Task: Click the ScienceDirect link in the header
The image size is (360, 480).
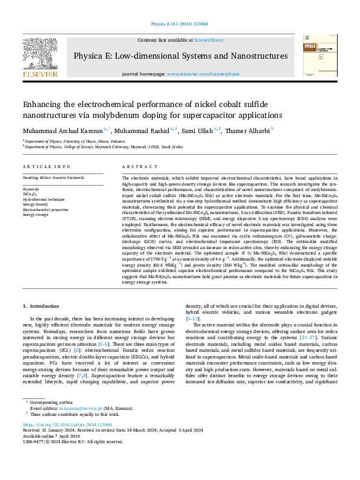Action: pos(208,40)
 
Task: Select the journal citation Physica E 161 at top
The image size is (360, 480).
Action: pos(179,24)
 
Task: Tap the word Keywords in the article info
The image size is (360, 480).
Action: pos(33,188)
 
